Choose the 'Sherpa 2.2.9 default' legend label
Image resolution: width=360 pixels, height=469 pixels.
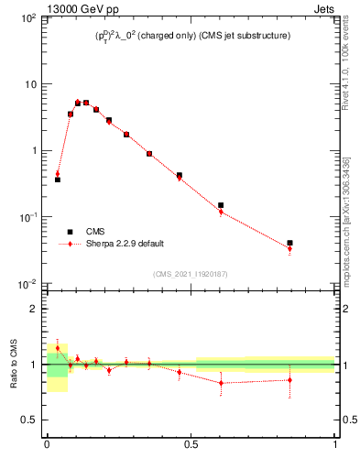click(x=122, y=245)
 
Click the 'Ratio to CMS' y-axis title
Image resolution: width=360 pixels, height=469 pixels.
click(x=14, y=365)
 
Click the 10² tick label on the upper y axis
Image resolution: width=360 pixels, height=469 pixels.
click(x=28, y=18)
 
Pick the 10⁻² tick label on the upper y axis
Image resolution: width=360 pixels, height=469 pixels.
click(x=28, y=284)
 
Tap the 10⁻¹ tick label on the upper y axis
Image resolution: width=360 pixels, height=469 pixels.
click(x=28, y=218)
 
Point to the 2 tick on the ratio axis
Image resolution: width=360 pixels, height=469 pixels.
click(x=36, y=309)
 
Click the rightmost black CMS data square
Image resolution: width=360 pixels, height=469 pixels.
click(x=290, y=243)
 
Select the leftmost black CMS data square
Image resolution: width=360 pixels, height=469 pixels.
click(x=58, y=180)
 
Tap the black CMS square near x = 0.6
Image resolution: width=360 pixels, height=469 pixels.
click(x=221, y=205)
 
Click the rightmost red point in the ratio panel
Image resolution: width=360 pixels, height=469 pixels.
click(x=290, y=379)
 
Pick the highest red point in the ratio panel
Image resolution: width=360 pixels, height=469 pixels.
click(x=58, y=348)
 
